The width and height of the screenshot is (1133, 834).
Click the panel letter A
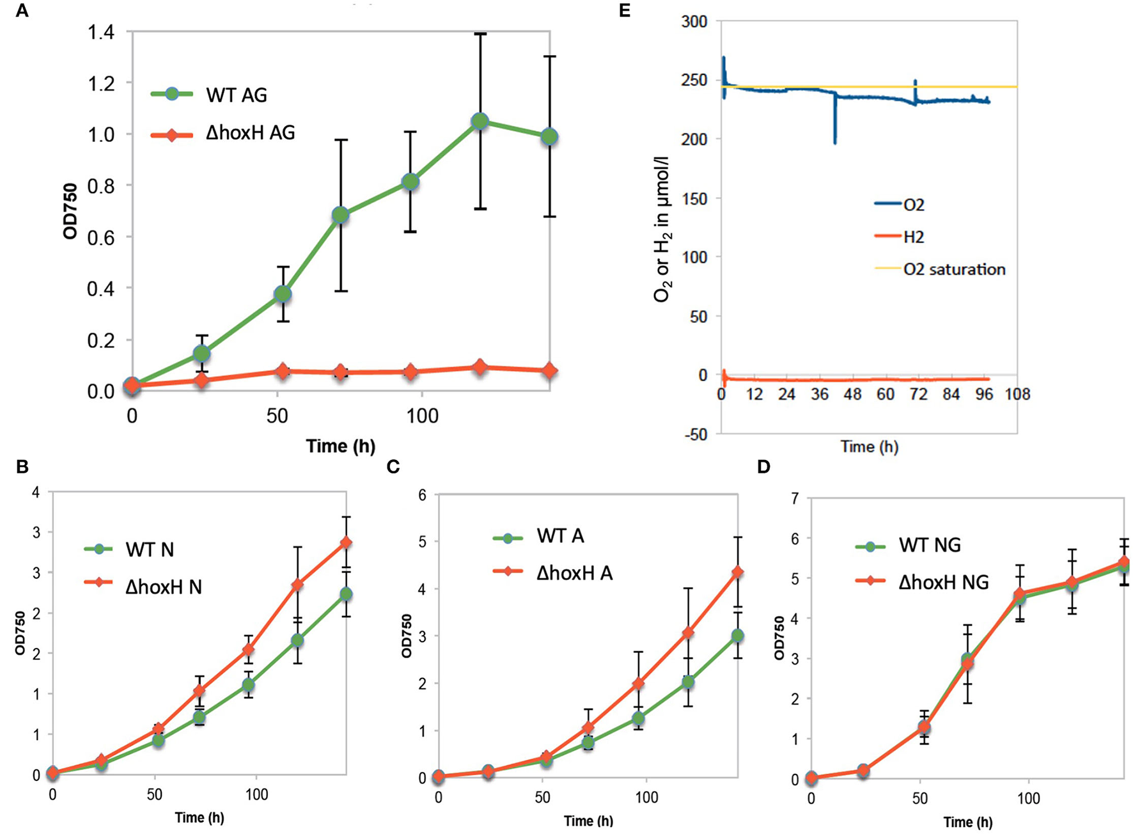22,11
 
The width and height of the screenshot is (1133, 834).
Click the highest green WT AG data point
480,122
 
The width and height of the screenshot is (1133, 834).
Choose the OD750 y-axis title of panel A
70,211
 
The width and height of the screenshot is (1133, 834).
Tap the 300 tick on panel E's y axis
694,22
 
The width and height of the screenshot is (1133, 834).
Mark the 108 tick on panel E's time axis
1017,394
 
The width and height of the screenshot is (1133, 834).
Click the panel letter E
625,11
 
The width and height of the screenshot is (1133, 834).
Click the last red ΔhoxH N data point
346,542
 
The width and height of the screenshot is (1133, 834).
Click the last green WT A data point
738,635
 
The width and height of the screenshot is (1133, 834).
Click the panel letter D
763,467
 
